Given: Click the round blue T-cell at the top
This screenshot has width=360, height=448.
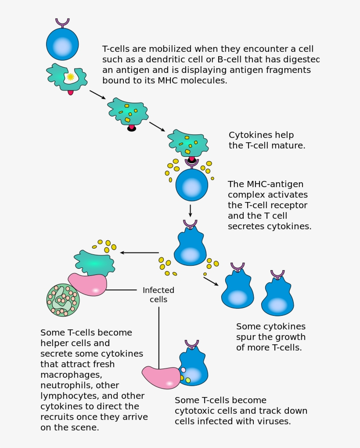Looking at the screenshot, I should tap(62, 44).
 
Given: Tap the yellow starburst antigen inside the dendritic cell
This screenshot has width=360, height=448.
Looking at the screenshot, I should tap(70, 77).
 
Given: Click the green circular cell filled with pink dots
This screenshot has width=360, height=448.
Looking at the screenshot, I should tap(63, 300).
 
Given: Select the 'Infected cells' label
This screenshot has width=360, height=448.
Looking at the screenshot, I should tap(158, 295).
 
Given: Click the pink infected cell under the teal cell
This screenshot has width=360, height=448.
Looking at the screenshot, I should tap(88, 284).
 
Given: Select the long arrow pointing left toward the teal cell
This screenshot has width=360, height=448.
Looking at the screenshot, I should tap(139, 253).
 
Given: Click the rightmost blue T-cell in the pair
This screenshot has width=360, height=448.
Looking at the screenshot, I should tap(277, 299).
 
